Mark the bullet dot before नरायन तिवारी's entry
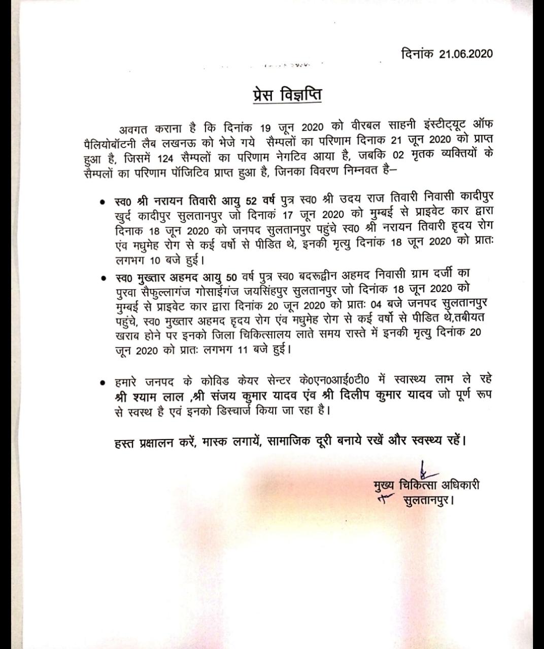(x=103, y=202)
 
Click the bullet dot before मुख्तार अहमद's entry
(x=103, y=278)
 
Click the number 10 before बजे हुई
(x=157, y=262)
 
